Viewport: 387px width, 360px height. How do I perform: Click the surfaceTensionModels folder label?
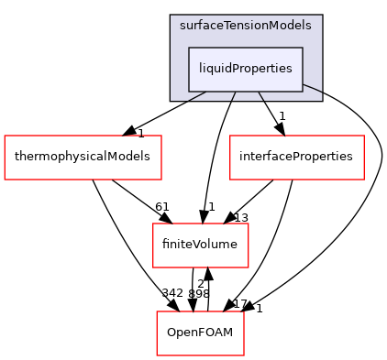tap(246, 26)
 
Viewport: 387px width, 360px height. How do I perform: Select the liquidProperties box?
tap(246, 69)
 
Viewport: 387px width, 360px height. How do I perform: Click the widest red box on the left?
tap(83, 158)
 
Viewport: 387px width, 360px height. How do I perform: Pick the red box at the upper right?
tap(296, 158)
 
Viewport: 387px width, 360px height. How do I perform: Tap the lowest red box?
tap(200, 333)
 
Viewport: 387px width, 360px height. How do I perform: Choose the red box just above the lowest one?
tap(200, 245)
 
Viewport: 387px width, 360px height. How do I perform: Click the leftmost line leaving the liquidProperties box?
tap(197, 95)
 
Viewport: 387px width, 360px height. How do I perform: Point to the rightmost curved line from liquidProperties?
tap(312, 89)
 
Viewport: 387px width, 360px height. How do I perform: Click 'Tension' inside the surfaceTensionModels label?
tap(246, 26)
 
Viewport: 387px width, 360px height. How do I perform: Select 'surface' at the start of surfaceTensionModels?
tap(202, 26)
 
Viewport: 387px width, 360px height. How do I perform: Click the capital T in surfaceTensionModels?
tap(228, 26)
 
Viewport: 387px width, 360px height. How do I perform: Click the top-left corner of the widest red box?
tap(5, 136)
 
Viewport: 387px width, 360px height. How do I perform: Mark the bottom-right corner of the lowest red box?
tap(244, 355)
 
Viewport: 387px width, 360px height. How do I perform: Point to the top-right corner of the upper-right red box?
tap(364, 136)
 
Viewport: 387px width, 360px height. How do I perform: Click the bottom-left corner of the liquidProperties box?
tap(189, 91)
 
